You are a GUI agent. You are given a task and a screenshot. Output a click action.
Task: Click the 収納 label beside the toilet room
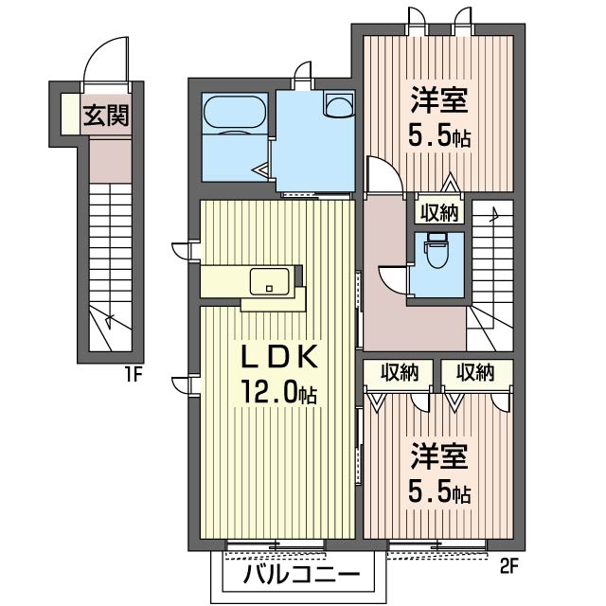coord(437,213)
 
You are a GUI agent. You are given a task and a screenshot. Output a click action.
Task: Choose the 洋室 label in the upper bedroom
coord(440,100)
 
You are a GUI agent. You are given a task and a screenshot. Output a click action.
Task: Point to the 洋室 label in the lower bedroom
coord(440,458)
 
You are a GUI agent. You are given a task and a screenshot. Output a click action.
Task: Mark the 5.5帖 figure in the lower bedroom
coord(439,493)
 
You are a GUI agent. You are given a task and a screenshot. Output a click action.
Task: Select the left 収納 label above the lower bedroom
coord(399,372)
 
